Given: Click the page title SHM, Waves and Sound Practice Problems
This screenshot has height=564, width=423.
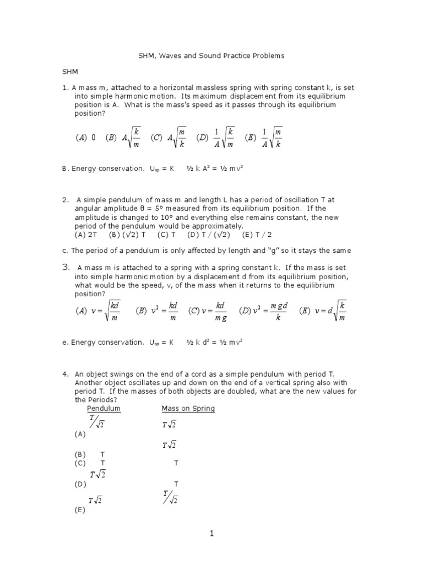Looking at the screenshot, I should click(x=211, y=56).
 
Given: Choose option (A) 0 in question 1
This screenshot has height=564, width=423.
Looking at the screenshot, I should click(x=85, y=138).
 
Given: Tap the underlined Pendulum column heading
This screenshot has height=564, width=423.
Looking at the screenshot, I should click(x=104, y=409).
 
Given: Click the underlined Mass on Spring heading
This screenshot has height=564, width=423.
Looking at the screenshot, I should click(x=188, y=409).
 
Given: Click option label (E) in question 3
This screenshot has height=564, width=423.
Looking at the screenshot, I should click(x=306, y=311).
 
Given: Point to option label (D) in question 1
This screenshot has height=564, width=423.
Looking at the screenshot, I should click(x=203, y=138).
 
